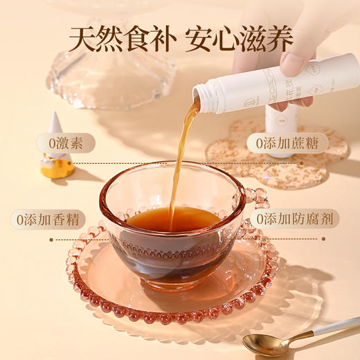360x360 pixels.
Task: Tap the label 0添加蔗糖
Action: [282, 145]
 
